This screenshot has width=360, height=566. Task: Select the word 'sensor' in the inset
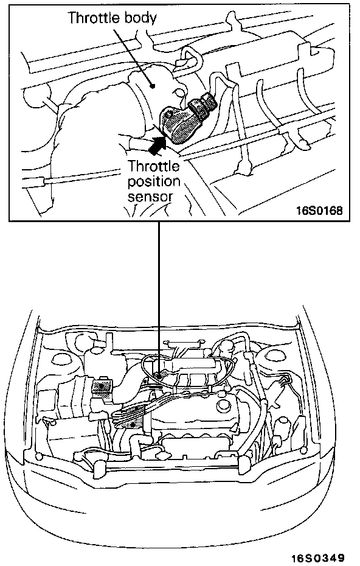(x=150, y=197)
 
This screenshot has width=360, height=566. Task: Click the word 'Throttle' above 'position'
(x=154, y=166)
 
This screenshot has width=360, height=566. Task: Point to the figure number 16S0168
(x=319, y=210)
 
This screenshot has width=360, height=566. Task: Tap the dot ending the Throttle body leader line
(x=153, y=86)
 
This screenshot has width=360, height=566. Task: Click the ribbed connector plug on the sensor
(x=204, y=107)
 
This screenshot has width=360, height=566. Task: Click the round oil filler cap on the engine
(x=224, y=406)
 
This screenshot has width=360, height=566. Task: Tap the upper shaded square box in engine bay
(x=102, y=387)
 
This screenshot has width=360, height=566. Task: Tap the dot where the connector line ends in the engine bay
(x=158, y=376)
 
